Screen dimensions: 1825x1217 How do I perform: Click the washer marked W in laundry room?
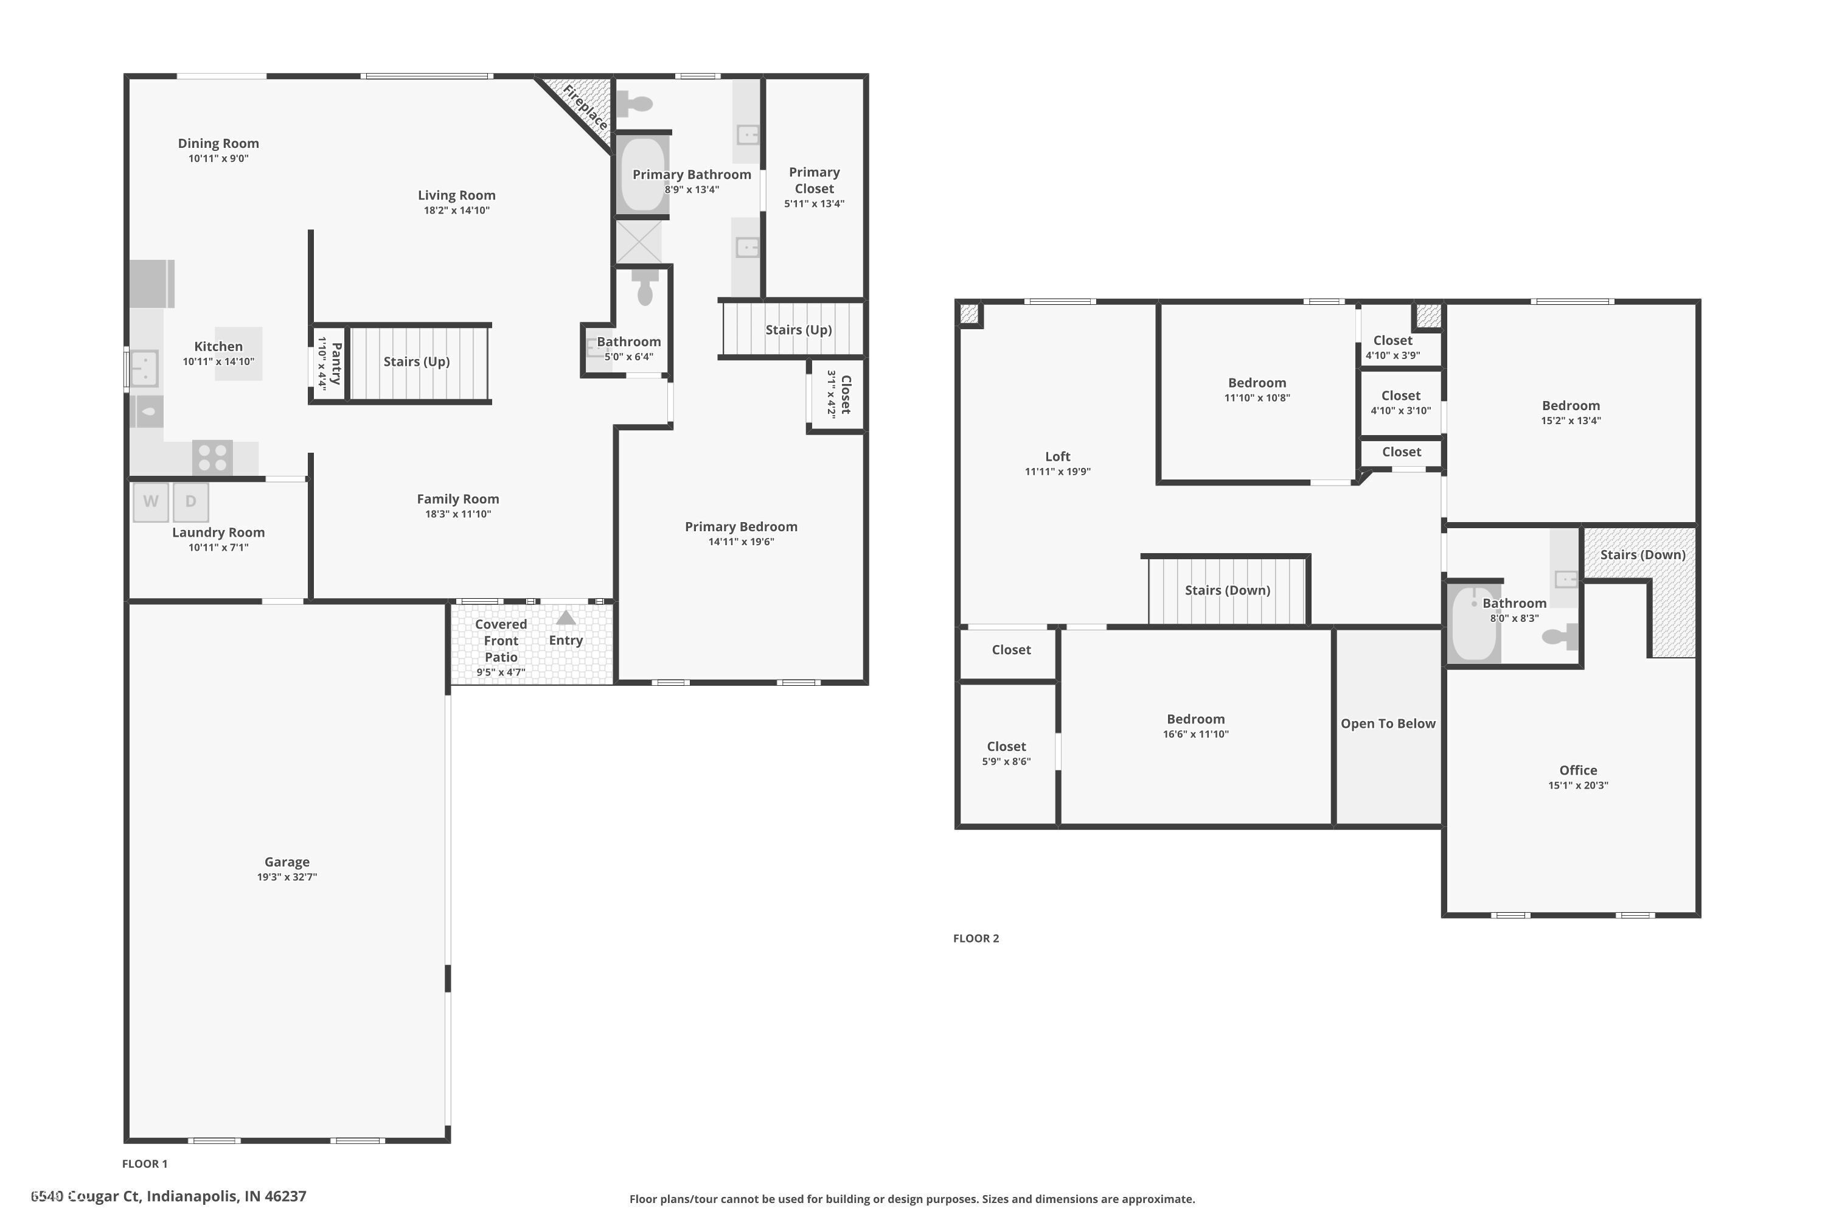point(150,501)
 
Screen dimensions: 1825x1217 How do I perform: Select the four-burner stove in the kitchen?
point(212,457)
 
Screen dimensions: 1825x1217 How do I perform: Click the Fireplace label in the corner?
point(585,108)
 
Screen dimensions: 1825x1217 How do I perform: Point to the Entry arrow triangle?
point(566,618)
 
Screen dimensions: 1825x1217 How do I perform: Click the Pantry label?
point(336,363)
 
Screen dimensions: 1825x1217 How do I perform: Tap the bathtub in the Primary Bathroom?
point(642,175)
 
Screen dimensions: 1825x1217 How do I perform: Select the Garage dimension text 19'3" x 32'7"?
point(287,877)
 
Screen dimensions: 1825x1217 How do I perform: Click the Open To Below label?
point(1388,724)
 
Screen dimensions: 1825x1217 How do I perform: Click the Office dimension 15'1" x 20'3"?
point(1577,786)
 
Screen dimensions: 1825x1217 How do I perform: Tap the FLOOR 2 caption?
point(975,938)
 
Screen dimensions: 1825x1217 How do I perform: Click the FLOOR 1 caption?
point(144,1163)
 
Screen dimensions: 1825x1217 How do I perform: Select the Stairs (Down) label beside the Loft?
point(1227,590)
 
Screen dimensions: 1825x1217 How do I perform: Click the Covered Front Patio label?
point(501,640)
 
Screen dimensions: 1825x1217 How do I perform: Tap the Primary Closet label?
point(814,180)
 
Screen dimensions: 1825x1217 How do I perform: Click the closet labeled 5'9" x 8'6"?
point(1006,753)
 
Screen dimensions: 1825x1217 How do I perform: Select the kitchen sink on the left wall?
point(144,368)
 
